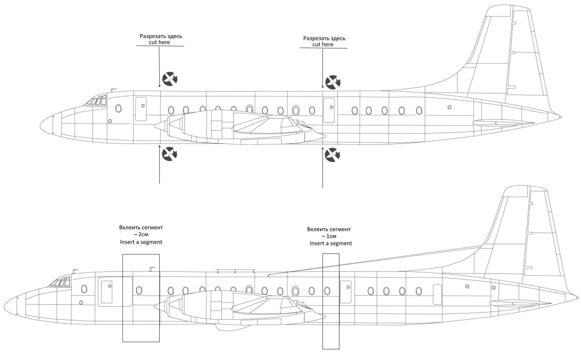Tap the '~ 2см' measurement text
140,234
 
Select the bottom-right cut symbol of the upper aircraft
332,155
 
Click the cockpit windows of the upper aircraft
96,101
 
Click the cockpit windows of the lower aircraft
60,282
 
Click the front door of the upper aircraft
141,108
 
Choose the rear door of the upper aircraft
329,109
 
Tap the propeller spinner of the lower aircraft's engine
160,306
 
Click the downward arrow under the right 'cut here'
322,68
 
